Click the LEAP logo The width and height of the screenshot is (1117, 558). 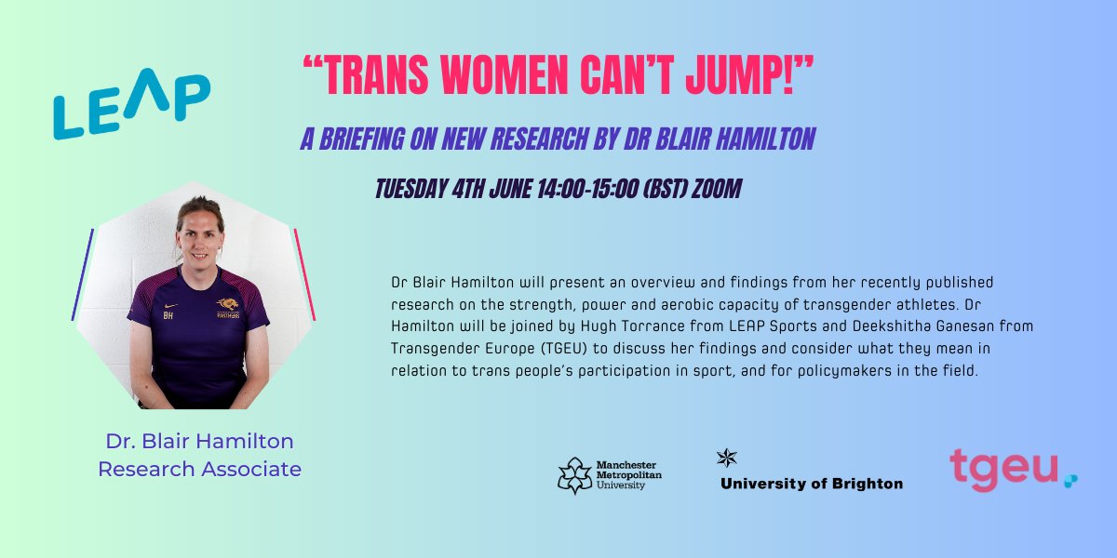click(x=131, y=105)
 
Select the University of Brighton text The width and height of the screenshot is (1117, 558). click(x=811, y=484)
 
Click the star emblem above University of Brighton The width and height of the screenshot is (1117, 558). click(x=726, y=457)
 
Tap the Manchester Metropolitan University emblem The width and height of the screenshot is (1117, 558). click(x=575, y=474)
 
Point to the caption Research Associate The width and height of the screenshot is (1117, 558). click(x=199, y=469)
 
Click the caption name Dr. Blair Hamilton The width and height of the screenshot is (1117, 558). click(x=199, y=441)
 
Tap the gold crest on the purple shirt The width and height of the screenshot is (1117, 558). click(x=226, y=304)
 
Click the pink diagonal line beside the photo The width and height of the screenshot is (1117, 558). click(x=304, y=273)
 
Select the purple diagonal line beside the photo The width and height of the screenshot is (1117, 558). click(x=83, y=273)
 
